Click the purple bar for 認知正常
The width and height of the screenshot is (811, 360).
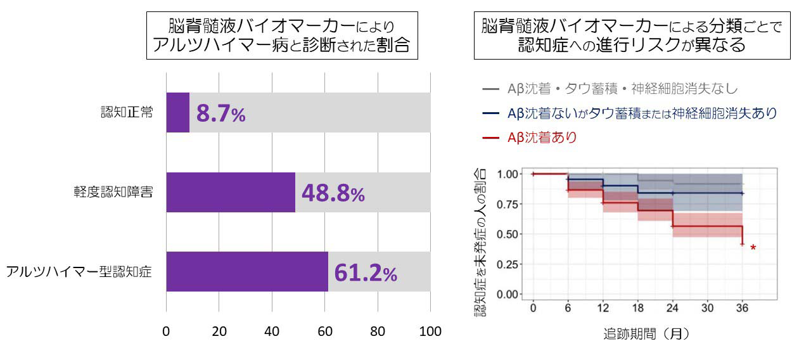(178, 113)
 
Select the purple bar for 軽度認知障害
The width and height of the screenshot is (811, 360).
(231, 193)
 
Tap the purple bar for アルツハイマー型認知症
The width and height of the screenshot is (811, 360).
(247, 272)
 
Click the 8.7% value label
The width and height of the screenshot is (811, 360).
(220, 115)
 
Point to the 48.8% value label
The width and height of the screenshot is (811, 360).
(333, 194)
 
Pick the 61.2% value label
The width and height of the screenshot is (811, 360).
(366, 273)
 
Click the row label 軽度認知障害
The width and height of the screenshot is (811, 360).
(112, 193)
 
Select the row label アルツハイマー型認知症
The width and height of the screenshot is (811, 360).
(79, 272)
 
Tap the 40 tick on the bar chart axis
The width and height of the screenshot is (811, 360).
(272, 331)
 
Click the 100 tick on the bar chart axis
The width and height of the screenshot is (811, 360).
(430, 331)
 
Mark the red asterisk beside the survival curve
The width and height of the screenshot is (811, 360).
(753, 248)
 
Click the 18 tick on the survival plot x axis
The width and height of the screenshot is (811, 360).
(638, 308)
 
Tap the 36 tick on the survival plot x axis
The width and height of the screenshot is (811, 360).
(743, 308)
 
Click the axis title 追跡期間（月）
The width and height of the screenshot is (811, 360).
(646, 334)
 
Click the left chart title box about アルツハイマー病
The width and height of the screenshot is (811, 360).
(282, 35)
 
